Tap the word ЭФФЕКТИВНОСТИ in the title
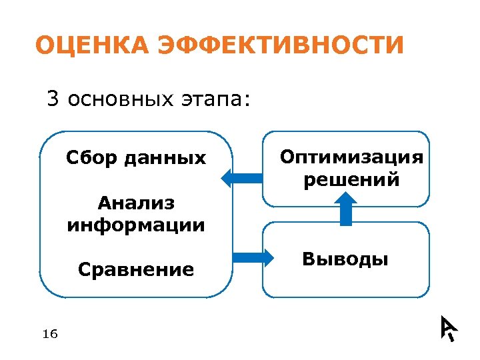click(x=279, y=45)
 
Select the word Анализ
click(x=136, y=202)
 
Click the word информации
click(x=136, y=225)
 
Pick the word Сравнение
click(x=136, y=269)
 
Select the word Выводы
click(x=345, y=259)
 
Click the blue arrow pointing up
click(x=345, y=209)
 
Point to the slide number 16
click(x=49, y=333)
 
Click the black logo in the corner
click(x=448, y=327)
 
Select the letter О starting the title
click(x=45, y=45)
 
